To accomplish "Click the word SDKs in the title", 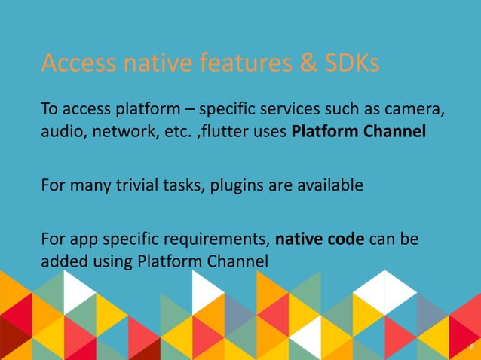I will (351, 66).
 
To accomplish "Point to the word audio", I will (60, 133).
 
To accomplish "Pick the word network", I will (123, 133).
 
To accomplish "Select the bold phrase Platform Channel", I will (358, 133).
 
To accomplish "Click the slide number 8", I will (471, 347).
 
